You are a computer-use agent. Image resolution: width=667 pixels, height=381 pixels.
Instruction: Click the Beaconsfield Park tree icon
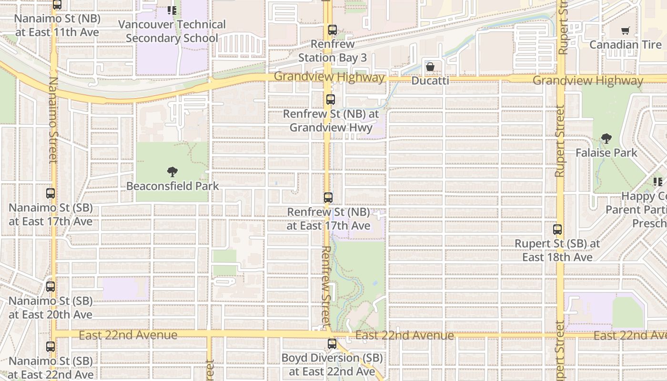pos(172,172)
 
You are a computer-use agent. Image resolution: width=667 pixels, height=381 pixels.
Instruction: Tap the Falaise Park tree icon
pos(606,139)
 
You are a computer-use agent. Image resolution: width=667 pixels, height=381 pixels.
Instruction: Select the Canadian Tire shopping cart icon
pos(625,31)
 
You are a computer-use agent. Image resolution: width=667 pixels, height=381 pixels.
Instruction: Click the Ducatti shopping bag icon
pos(430,67)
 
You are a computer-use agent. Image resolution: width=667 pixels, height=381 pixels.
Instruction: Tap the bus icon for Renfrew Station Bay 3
pos(333,30)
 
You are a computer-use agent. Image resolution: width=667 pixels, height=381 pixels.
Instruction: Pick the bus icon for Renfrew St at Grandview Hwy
pos(330,100)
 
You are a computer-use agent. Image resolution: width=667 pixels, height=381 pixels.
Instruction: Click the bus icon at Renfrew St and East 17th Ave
pos(328,198)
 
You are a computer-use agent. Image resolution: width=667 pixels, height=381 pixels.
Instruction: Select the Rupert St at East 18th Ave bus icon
pos(557,230)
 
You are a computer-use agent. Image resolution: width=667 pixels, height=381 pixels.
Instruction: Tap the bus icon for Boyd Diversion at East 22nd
pos(332,343)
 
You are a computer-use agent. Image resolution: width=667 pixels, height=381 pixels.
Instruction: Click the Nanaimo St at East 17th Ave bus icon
pos(51,193)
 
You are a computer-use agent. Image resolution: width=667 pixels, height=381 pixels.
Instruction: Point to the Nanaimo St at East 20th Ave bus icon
pos(51,287)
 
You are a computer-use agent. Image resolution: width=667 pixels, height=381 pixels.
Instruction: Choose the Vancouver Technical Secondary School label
pos(172,31)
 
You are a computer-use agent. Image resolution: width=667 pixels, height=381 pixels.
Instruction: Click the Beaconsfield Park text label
pos(172,186)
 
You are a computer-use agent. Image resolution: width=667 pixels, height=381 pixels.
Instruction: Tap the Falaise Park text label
pos(606,153)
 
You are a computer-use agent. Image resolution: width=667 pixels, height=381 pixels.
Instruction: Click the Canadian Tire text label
pos(626,45)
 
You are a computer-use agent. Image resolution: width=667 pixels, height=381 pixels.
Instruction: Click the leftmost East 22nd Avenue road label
pos(128,335)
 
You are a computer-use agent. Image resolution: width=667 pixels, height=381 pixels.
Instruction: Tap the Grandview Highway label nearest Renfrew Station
pos(329,77)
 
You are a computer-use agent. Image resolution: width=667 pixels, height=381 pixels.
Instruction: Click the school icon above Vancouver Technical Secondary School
pos(172,10)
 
